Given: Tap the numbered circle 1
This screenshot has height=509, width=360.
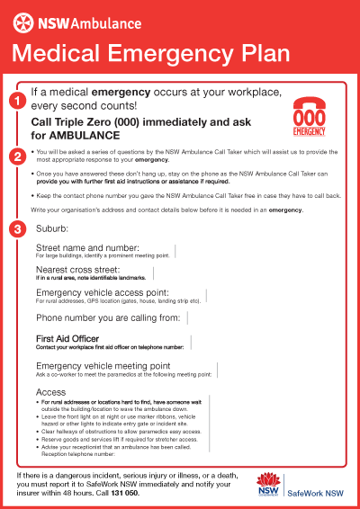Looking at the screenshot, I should click(x=16, y=101).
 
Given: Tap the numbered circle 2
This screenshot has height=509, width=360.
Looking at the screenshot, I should click(x=16, y=156).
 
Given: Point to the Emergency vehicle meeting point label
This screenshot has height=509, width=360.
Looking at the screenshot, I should click(x=103, y=365).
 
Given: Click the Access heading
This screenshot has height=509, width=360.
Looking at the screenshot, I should click(x=49, y=393).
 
